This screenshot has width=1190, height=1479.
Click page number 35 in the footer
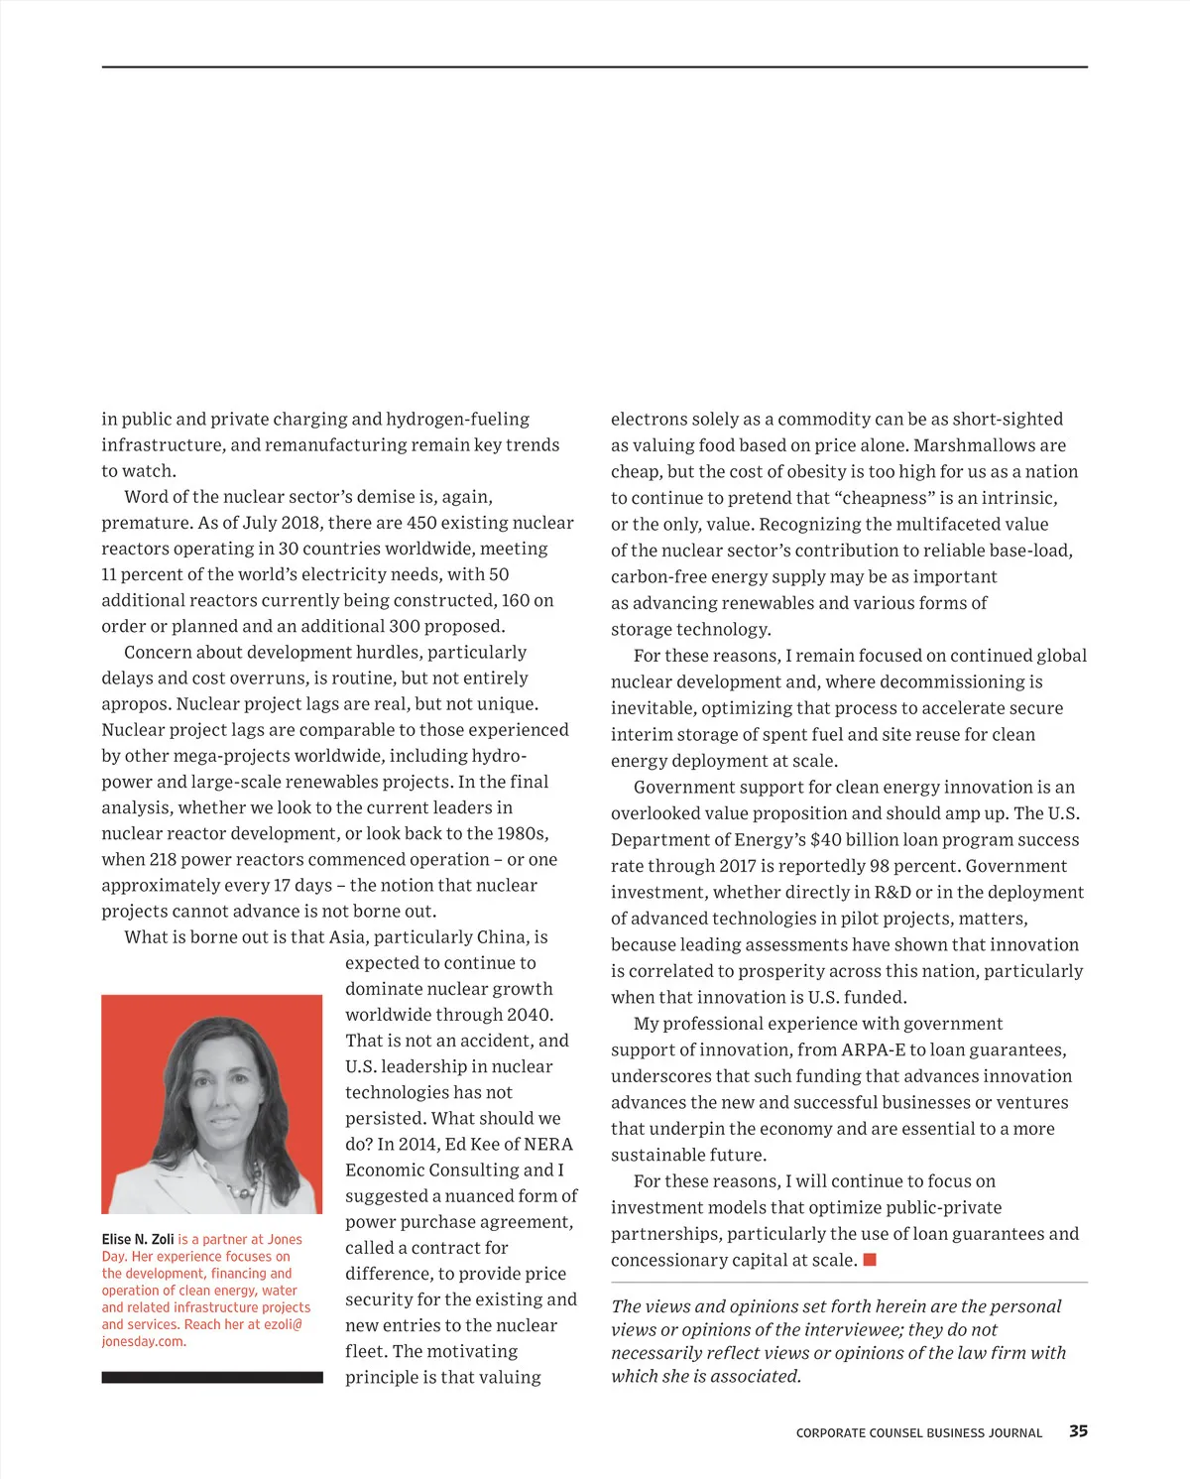(x=1078, y=1431)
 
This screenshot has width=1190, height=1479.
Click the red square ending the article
(x=870, y=1260)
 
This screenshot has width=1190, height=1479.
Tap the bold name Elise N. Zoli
(x=138, y=1239)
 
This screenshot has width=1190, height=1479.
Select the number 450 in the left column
(x=421, y=523)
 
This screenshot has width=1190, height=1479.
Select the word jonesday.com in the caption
(x=143, y=1341)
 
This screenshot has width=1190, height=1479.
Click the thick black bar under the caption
(x=212, y=1377)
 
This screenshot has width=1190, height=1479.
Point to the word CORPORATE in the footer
(x=830, y=1433)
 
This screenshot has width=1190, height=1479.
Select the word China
(x=502, y=937)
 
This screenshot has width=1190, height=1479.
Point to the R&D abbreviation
(x=892, y=892)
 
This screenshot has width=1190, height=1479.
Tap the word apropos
(x=133, y=704)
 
